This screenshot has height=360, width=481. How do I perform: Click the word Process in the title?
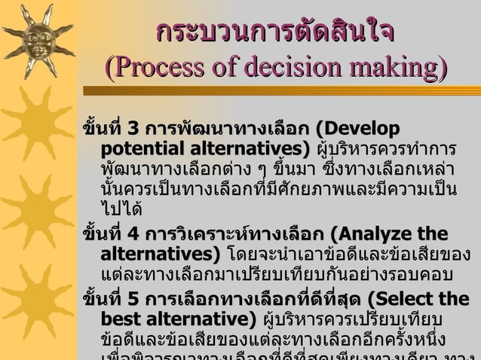point(156,69)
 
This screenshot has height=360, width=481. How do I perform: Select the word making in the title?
point(394,69)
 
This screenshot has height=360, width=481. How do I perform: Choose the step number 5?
point(133,299)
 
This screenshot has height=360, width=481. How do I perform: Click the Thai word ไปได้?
point(121,206)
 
